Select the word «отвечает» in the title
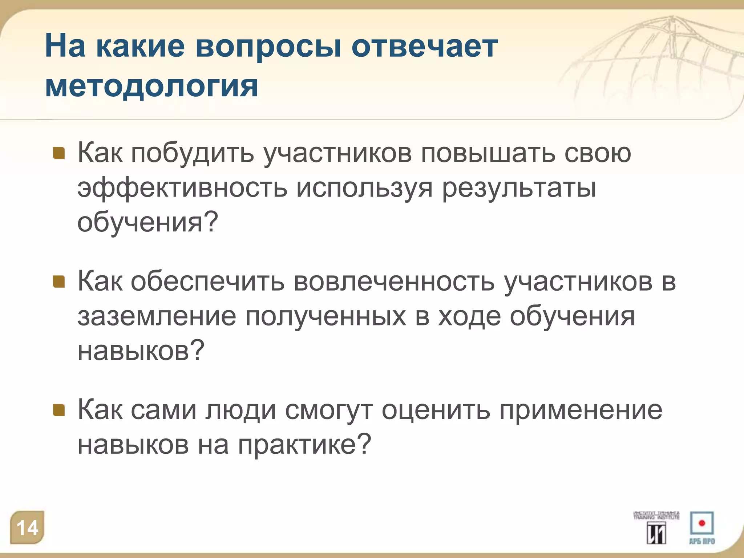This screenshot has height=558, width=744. (x=425, y=47)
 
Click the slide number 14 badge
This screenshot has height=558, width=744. (x=28, y=527)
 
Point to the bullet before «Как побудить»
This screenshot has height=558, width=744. (x=59, y=153)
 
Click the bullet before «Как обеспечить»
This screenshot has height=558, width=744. (x=59, y=282)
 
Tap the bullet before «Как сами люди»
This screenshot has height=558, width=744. (x=59, y=410)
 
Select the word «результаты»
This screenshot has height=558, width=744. (x=519, y=189)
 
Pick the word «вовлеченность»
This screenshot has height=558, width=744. (x=394, y=282)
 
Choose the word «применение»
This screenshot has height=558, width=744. (x=581, y=410)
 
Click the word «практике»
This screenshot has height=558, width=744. (x=304, y=445)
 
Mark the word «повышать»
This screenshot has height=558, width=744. (x=488, y=153)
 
